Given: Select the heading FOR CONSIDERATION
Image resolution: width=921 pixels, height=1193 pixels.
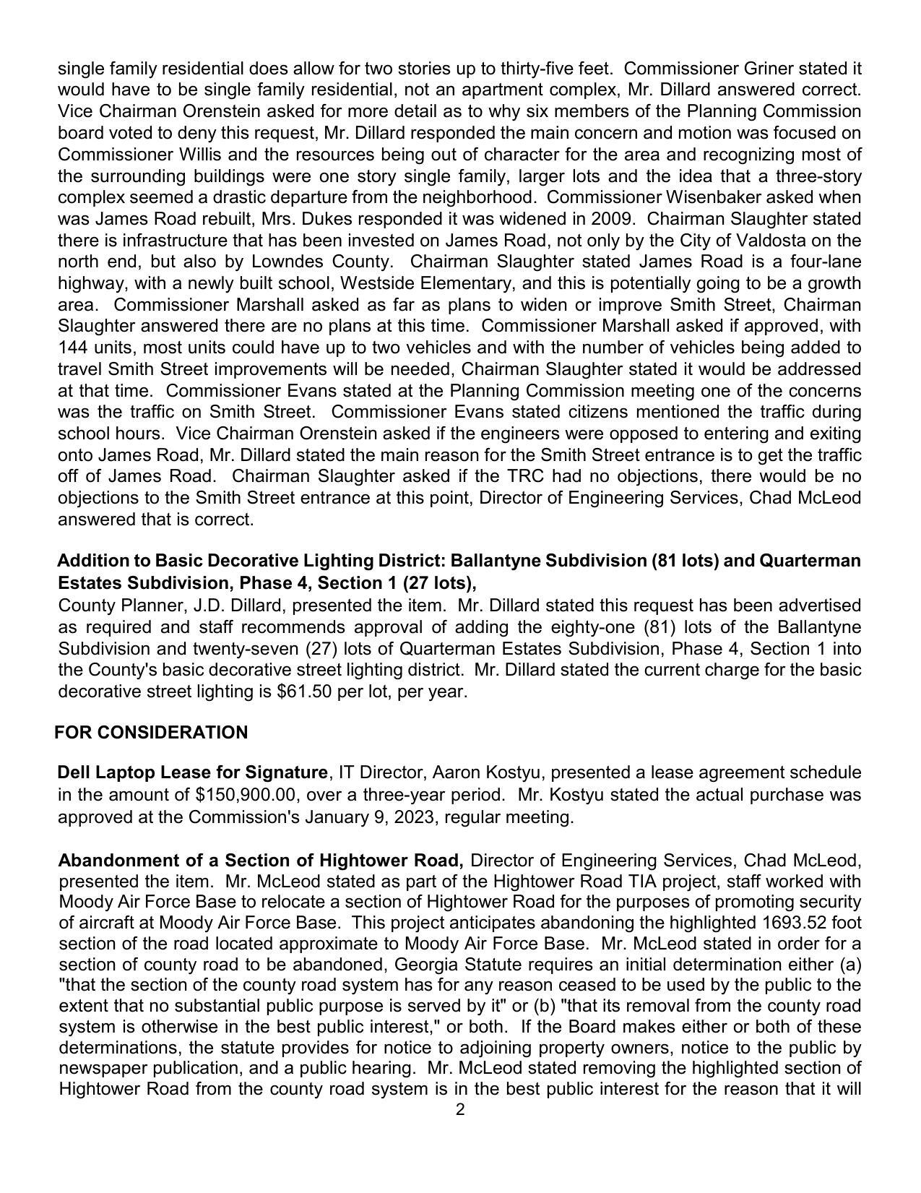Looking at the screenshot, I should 151,733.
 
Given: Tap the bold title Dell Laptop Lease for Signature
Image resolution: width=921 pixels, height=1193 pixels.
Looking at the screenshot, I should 192,772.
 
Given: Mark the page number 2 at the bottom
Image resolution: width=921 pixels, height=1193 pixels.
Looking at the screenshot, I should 460,1110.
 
